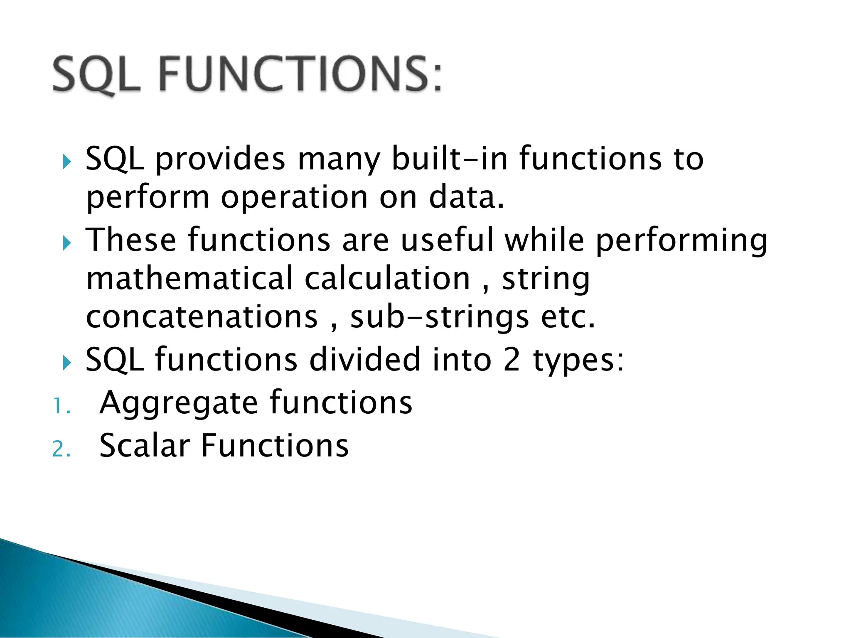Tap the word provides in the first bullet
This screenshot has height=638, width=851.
[x=220, y=160]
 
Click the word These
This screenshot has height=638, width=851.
[x=131, y=240]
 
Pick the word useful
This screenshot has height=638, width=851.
[x=447, y=240]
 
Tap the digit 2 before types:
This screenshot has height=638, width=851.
[x=512, y=360]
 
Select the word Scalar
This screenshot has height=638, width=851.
[x=145, y=446]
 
